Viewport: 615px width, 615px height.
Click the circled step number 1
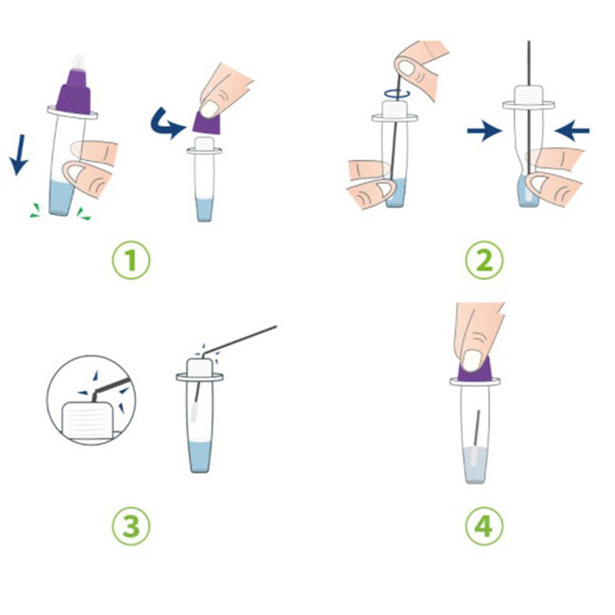[x=131, y=260]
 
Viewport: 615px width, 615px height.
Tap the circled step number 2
[x=484, y=260]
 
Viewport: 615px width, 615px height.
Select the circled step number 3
[x=131, y=526]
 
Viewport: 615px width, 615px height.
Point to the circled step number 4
[x=484, y=526]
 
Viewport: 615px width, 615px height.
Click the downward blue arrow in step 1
[x=18, y=155]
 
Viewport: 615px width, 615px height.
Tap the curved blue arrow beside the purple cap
[x=167, y=124]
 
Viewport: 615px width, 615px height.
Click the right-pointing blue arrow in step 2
[x=484, y=131]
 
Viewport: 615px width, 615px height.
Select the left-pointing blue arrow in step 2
[x=572, y=131]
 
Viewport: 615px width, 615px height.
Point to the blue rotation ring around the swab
[x=397, y=93]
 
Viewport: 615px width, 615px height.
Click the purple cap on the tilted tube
[x=73, y=92]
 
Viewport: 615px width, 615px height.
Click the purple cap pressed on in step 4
[x=475, y=371]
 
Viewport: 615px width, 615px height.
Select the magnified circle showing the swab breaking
[x=91, y=400]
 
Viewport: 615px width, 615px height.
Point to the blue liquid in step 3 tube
[x=199, y=457]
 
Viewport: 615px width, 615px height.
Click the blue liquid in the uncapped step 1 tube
[x=204, y=210]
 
